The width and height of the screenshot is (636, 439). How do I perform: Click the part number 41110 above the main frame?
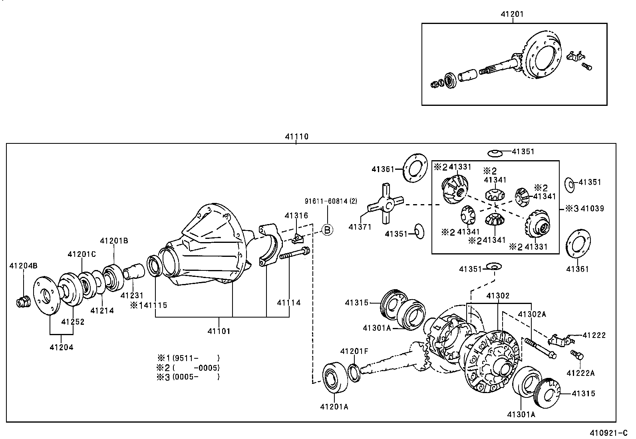[x=296, y=137]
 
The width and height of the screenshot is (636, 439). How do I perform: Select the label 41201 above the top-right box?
[x=512, y=14]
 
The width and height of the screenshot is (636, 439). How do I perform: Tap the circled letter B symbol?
[x=327, y=230]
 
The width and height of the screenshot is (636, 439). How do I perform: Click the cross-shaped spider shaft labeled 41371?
[x=386, y=205]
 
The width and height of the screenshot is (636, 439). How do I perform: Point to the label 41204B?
[x=23, y=266]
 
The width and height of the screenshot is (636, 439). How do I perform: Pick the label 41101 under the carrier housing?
[x=219, y=331]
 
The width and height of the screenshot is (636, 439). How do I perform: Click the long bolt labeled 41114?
[x=295, y=254]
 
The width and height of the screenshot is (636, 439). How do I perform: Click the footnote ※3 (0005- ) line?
[x=188, y=377]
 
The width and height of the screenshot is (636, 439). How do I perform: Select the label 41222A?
[x=580, y=373]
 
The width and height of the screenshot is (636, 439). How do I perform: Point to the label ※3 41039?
[x=584, y=209]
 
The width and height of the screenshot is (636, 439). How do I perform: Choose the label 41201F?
[x=354, y=351]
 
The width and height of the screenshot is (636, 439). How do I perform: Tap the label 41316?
[x=296, y=216]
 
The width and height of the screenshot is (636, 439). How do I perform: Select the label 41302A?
[x=532, y=314]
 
